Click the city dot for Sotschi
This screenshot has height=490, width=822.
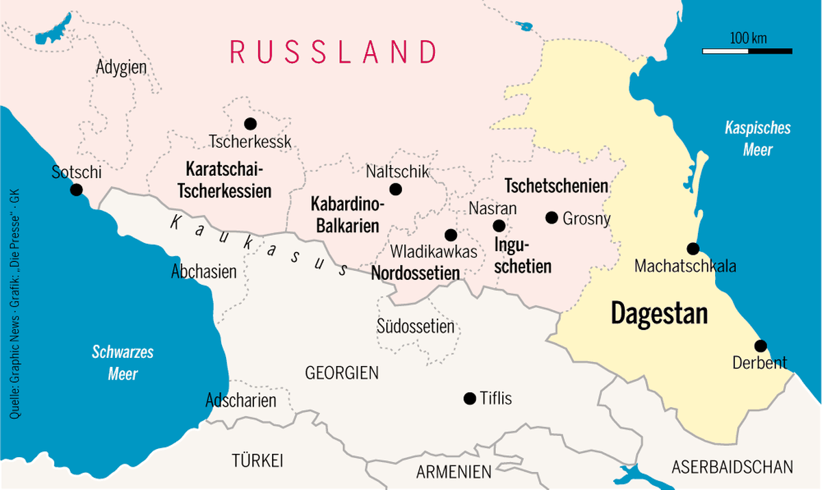coord(76,190)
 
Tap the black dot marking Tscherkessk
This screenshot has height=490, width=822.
coord(250,124)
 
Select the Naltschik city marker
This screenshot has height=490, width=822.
coord(395,190)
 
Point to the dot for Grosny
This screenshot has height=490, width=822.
coord(551,218)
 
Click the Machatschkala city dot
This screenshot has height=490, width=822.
coord(693,248)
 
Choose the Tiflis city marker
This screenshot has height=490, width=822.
coord(469,398)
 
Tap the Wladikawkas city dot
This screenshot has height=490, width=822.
coord(450,235)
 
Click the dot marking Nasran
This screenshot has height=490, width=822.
coord(499,226)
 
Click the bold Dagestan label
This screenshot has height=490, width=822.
coord(659,313)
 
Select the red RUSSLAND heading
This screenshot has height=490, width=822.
coord(333,51)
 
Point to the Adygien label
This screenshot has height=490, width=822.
coord(121,68)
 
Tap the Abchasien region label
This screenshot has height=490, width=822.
coord(203,272)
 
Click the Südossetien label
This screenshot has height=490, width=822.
coord(415,326)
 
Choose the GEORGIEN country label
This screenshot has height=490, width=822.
coord(342,373)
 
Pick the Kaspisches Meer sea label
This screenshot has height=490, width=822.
coord(758,139)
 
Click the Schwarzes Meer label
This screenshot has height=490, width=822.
coord(123,363)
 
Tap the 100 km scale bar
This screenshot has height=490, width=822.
coord(747,51)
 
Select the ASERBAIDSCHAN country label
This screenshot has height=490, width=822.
coord(732,467)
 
